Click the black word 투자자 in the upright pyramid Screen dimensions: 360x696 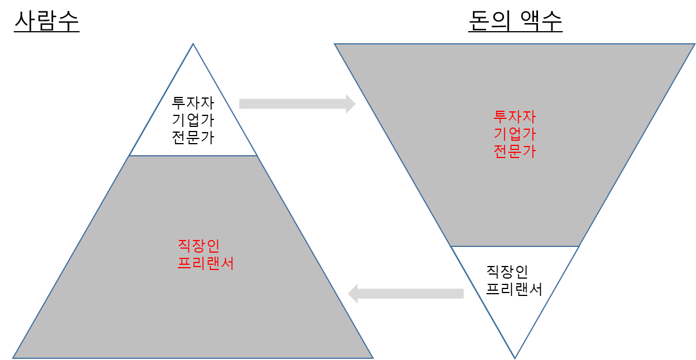pos(193,104)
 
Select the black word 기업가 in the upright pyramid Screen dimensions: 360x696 pos(193,121)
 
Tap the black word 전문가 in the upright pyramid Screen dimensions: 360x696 pos(193,138)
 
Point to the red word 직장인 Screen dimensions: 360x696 pos(198,246)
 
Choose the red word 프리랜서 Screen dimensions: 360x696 pos(205,264)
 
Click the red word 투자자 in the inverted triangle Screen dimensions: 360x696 pos(514,117)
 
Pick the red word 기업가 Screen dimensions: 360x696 pos(514,134)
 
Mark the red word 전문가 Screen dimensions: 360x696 pos(514,151)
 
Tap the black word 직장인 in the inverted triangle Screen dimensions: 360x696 pos(507,271)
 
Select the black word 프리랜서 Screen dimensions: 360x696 pos(514,288)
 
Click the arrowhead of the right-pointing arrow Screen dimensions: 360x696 pos(351,104)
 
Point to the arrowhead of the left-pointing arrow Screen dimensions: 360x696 pos(353,294)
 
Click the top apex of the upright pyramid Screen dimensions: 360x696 pos(193,44)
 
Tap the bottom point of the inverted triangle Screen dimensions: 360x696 pos(514,357)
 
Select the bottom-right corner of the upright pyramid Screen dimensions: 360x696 pos(373,357)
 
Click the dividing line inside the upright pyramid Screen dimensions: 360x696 pos(193,156)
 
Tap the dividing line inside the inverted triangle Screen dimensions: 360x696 pos(514,247)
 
